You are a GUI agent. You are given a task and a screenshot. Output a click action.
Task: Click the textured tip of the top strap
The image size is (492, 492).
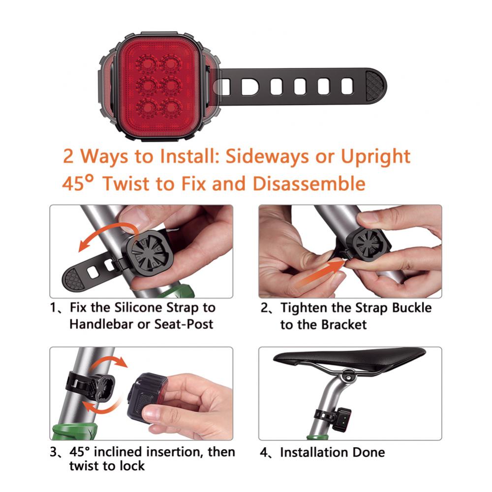pyautogui.click(x=375, y=86)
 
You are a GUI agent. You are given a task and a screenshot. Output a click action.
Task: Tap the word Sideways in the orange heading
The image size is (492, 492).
pyautogui.click(x=267, y=156)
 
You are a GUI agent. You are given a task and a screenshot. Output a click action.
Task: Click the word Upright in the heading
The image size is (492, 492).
pyautogui.click(x=375, y=156)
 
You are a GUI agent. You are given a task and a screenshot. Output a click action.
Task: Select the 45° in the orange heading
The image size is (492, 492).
pyautogui.click(x=78, y=183)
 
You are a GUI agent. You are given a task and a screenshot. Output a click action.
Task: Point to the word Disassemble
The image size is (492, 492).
pyautogui.click(x=309, y=184)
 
